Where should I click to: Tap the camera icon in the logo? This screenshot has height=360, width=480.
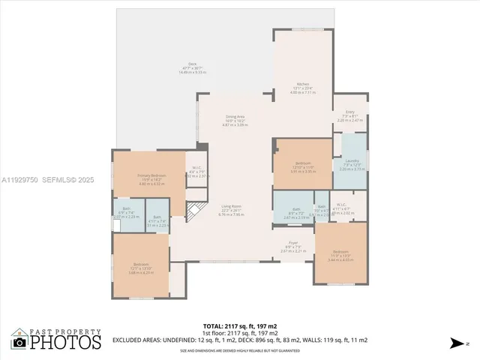pyautogui.click(x=19, y=343)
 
